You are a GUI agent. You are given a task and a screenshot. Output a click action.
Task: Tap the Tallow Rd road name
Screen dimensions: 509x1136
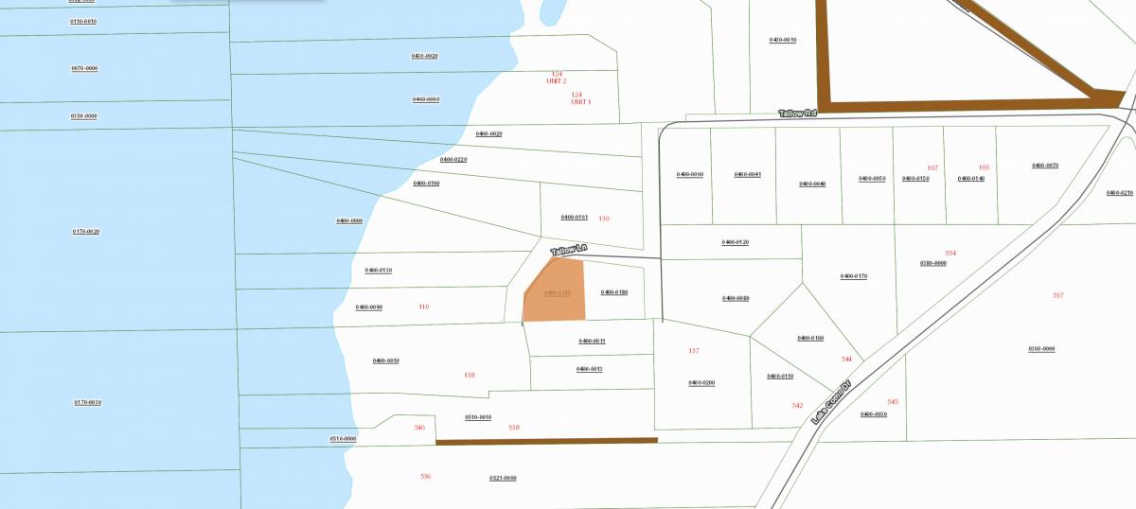click(x=797, y=114)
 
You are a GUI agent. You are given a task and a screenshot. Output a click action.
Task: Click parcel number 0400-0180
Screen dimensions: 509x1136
click(x=614, y=292)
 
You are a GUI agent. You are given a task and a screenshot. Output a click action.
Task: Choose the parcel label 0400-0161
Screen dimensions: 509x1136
click(x=575, y=218)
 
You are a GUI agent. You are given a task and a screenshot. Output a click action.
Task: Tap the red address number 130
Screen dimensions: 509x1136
click(x=604, y=219)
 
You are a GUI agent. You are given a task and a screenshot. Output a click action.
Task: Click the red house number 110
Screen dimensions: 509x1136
click(x=423, y=307)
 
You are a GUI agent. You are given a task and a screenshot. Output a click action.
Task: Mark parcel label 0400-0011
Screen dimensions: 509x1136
click(x=592, y=341)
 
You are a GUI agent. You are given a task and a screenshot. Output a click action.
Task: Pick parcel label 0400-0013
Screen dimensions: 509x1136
click(x=590, y=369)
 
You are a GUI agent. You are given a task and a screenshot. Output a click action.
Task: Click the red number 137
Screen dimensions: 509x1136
click(x=694, y=351)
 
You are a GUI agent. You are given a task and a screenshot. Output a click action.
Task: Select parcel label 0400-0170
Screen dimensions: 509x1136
click(x=854, y=276)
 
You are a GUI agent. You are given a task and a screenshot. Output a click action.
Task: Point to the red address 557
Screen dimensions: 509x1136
click(x=1058, y=295)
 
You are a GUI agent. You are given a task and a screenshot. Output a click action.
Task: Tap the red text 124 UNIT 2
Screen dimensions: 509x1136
click(x=557, y=78)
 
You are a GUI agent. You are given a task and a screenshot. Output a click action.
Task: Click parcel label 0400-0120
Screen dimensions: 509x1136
click(x=736, y=243)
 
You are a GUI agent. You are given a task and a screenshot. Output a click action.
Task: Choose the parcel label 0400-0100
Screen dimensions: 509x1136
click(x=810, y=338)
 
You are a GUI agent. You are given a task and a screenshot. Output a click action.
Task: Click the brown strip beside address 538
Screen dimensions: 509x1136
click(x=546, y=440)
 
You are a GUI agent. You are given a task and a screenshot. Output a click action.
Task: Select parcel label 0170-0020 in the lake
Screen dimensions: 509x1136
click(x=86, y=232)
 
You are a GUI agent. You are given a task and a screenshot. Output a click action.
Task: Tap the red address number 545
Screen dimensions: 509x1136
click(x=893, y=402)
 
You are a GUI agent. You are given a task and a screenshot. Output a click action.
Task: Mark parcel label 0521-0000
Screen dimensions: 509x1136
click(x=503, y=478)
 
